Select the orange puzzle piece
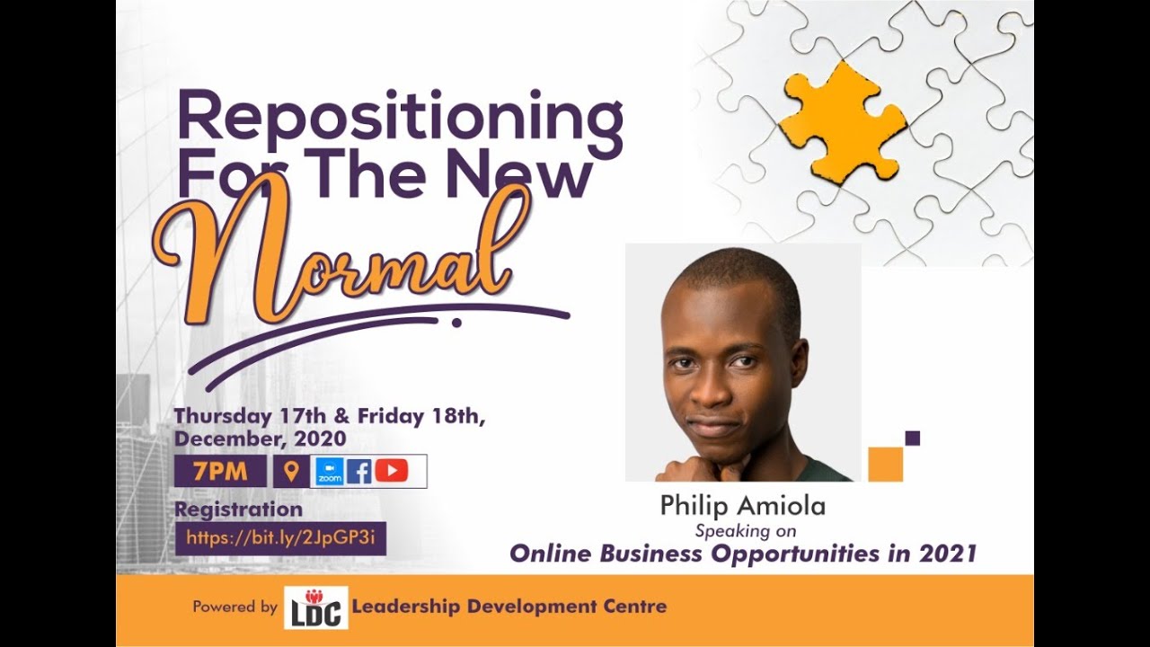click(840, 122)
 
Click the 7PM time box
click(220, 471)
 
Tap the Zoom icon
click(330, 472)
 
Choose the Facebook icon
click(358, 472)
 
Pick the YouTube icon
click(392, 471)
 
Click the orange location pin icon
click(290, 471)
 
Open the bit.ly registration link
click(280, 538)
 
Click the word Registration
click(238, 510)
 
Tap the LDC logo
click(314, 607)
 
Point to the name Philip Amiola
click(742, 506)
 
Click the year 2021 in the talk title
click(947, 554)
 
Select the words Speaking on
click(746, 530)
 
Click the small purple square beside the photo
click(912, 439)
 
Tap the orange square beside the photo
click(885, 464)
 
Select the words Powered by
click(234, 607)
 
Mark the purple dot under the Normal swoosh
click(456, 323)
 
